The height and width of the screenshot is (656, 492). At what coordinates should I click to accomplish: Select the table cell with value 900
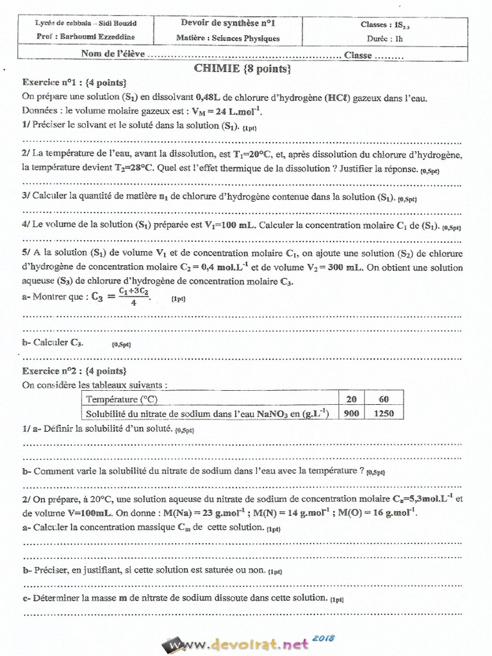tap(351, 414)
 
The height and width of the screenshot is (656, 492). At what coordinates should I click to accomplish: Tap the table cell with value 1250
tap(384, 414)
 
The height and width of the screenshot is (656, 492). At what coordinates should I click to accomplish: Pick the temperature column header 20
tap(351, 399)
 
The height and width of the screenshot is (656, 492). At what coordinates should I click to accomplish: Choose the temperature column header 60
tap(384, 399)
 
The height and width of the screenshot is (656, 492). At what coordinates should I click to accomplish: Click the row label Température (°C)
tap(122, 399)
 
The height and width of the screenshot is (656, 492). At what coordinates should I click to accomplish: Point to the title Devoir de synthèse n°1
tap(228, 24)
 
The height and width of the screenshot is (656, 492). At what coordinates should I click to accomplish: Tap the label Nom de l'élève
tap(113, 55)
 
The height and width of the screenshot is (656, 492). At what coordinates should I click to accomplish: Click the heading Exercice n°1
tap(55, 83)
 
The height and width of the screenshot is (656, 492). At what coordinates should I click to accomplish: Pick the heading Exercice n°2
tap(55, 371)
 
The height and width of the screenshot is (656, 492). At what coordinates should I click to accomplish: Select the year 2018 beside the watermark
tap(325, 637)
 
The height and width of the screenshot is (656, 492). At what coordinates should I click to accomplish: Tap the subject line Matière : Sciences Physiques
tap(228, 38)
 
